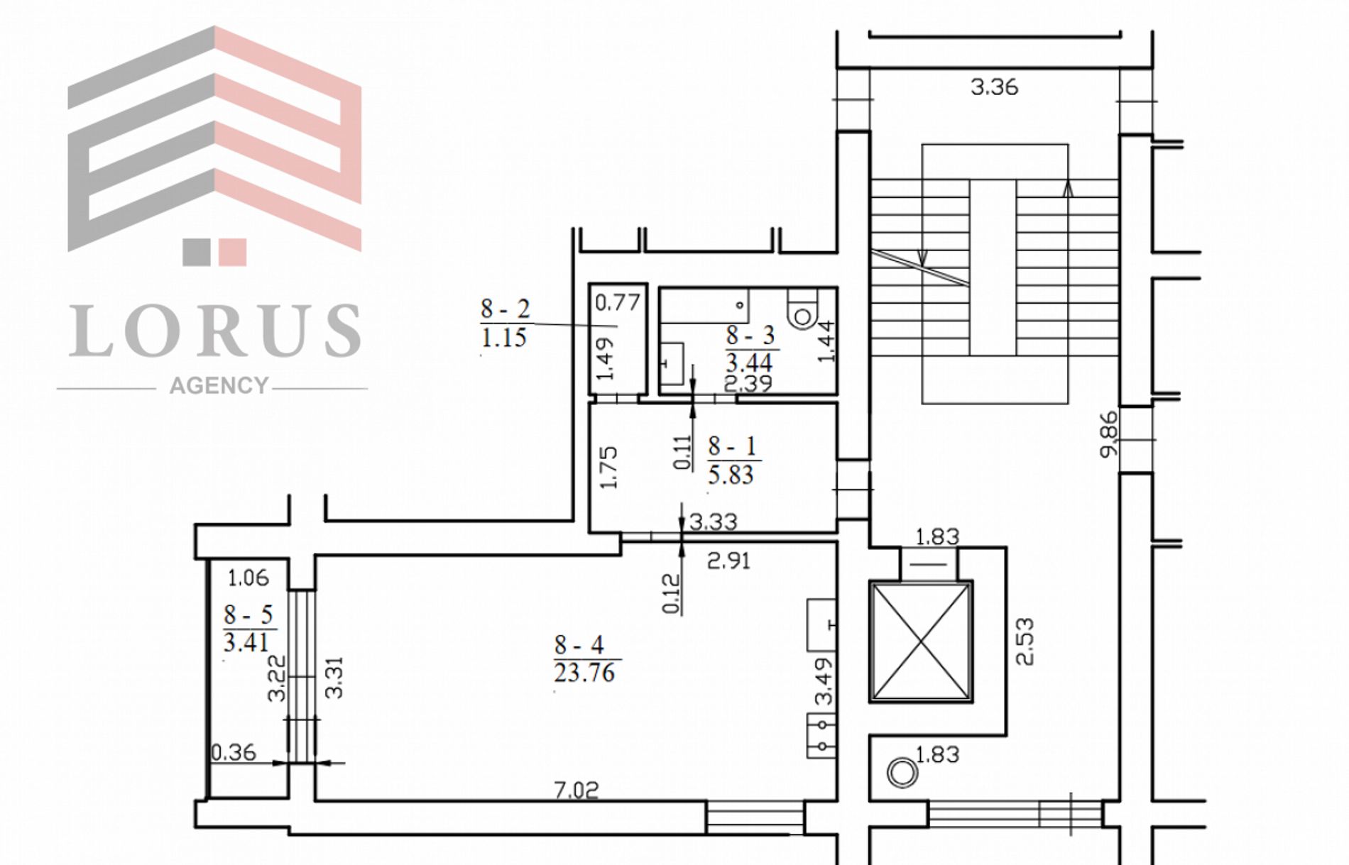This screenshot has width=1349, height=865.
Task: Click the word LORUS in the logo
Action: [x=215, y=330]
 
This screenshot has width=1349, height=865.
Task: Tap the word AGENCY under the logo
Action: [x=219, y=385]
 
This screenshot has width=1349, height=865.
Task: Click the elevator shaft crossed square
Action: [x=921, y=641]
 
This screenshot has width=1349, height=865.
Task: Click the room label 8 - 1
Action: [x=732, y=446]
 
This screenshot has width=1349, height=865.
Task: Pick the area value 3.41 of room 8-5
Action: [x=246, y=643]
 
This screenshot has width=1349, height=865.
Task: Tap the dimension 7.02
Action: [x=577, y=790]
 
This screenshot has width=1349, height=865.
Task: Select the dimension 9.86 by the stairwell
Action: [x=1108, y=434]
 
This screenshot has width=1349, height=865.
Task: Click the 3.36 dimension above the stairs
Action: [x=994, y=87]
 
